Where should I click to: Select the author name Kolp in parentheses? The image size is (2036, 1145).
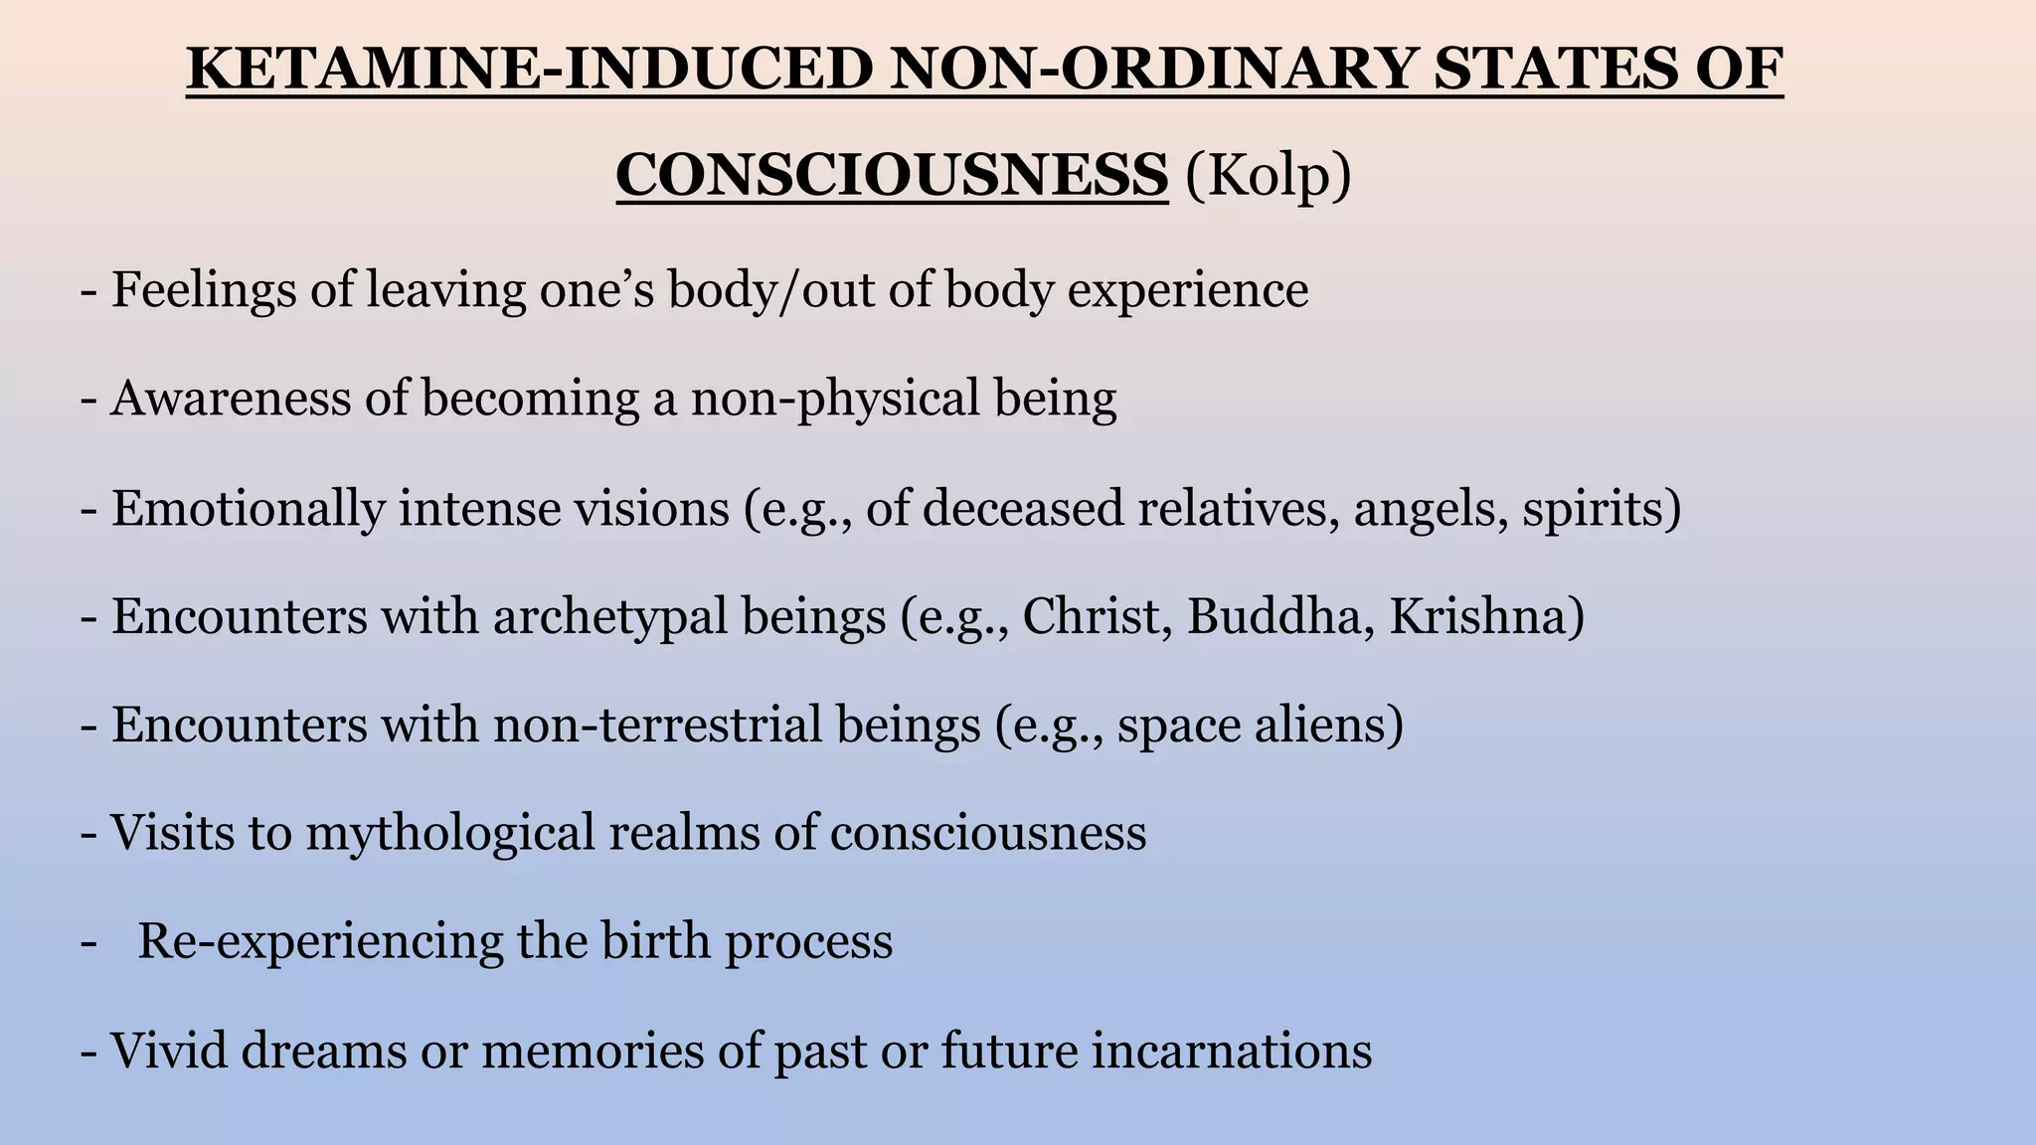click(1268, 176)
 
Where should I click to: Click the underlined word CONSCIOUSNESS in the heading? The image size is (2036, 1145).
click(892, 176)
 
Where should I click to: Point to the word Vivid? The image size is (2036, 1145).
click(167, 1051)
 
